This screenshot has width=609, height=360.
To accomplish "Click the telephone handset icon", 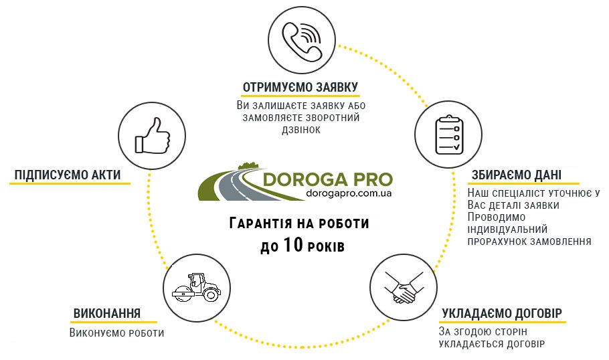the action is click(302, 41).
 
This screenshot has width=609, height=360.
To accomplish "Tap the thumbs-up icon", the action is click(152, 135).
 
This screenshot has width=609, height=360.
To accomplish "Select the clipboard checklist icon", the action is click(448, 134).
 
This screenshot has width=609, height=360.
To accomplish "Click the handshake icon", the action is click(404, 288).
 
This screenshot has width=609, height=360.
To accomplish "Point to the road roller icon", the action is click(196, 287).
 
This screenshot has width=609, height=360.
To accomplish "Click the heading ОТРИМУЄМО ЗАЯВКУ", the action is click(300, 87).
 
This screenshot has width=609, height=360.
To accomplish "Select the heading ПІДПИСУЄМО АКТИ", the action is click(68, 175).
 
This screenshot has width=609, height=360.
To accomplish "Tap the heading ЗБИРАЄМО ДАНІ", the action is click(517, 175).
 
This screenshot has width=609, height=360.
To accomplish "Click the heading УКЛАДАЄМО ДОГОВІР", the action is click(502, 313).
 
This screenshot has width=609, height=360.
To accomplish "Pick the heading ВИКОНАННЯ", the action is click(107, 313).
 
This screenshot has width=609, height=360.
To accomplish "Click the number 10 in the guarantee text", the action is click(293, 245).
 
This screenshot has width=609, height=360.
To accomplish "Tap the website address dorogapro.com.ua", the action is click(349, 193).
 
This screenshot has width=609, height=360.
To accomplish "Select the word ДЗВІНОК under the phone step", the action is click(301, 130).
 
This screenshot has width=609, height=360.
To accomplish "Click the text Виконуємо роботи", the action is click(116, 333).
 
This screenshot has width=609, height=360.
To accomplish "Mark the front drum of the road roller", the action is click(183, 294).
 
